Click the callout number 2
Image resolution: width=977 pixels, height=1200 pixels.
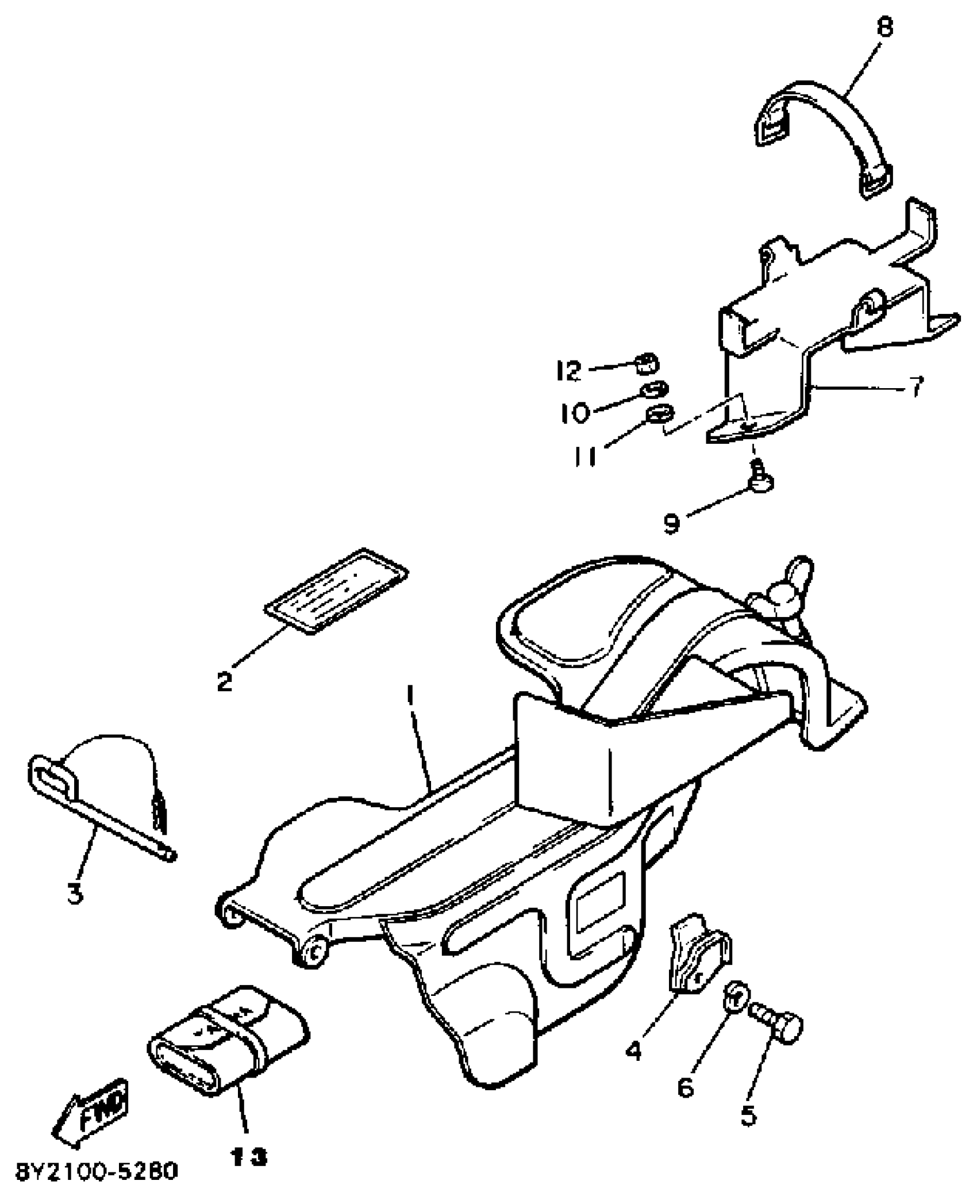[224, 681]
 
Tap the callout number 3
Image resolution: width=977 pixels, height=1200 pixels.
[75, 893]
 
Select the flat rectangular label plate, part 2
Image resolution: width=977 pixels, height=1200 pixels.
[336, 591]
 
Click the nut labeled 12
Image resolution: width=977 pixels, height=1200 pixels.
[647, 363]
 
